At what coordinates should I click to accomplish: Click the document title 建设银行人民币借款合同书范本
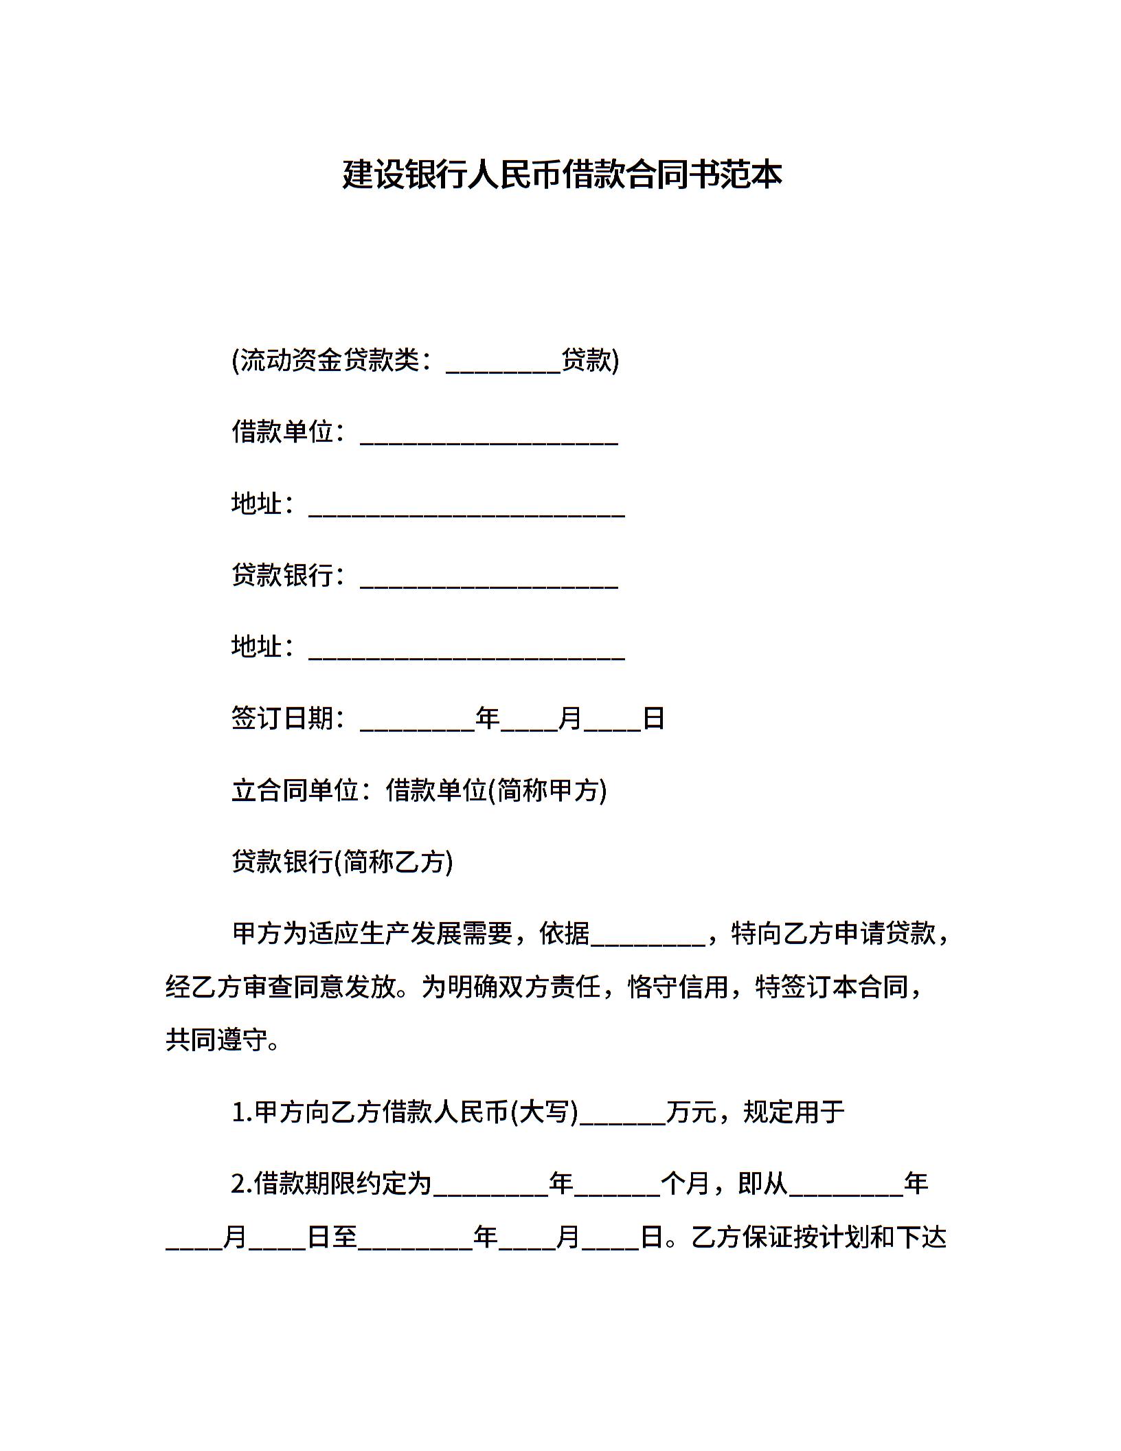[x=562, y=175]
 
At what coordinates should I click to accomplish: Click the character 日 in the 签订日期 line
[x=653, y=718]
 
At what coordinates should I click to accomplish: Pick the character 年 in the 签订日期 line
[x=488, y=718]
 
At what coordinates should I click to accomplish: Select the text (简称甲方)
[x=547, y=790]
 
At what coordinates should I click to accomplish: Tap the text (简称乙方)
[x=394, y=862]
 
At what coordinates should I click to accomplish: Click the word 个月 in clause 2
[x=685, y=1183]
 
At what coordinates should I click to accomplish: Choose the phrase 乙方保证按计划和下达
[x=819, y=1237]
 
